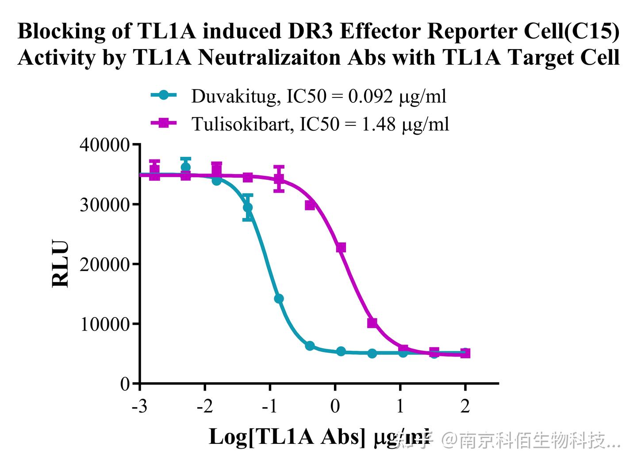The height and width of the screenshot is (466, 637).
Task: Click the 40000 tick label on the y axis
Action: (x=104, y=145)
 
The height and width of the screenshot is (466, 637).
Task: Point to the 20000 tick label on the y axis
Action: (x=104, y=264)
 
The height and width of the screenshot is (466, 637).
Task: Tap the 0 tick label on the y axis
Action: (x=125, y=384)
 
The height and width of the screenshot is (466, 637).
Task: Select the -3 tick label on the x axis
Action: (x=139, y=406)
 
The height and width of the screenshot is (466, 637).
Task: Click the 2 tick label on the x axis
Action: (x=465, y=406)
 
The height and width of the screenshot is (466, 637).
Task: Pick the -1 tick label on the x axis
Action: (x=269, y=406)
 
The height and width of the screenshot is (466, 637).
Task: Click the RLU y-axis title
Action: (x=61, y=264)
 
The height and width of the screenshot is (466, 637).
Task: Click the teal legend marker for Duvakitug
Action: (x=164, y=95)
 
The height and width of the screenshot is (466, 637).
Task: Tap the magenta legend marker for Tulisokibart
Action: (x=164, y=123)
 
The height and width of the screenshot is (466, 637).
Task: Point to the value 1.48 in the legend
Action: (x=379, y=124)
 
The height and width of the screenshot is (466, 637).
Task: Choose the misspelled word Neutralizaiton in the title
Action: (x=292, y=58)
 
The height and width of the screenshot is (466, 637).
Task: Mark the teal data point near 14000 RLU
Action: (x=279, y=299)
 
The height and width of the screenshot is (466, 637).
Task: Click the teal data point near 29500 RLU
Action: (x=248, y=207)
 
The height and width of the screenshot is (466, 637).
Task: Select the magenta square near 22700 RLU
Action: (x=341, y=248)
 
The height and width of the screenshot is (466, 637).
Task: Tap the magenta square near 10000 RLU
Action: (x=372, y=323)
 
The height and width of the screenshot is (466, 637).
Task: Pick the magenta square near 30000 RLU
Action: (x=310, y=205)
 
